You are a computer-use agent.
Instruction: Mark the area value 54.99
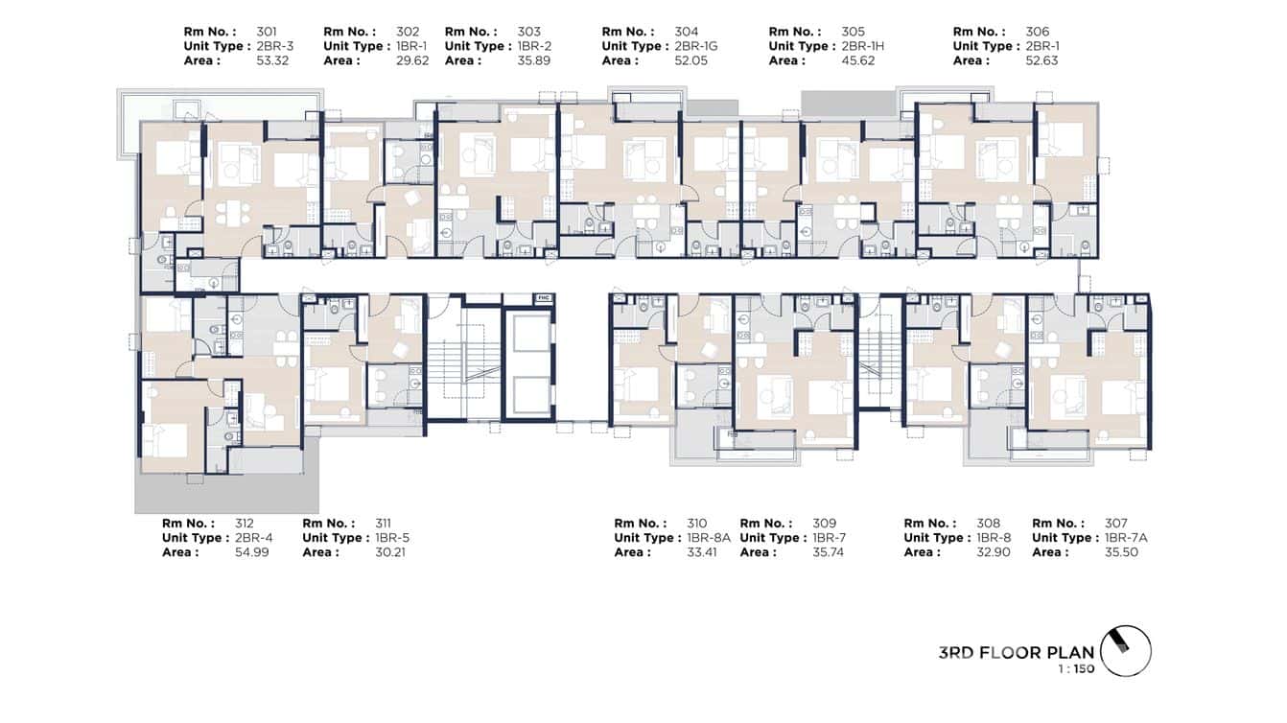[x=254, y=552]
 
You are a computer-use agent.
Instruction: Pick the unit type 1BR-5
[x=392, y=538]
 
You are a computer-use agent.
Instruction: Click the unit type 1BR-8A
[x=709, y=538]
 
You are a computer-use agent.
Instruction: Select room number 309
[x=825, y=524]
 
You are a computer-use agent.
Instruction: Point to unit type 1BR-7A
[x=1126, y=538]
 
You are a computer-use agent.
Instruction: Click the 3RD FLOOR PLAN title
[x=1017, y=653]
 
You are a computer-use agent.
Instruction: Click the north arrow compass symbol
[x=1125, y=651]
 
